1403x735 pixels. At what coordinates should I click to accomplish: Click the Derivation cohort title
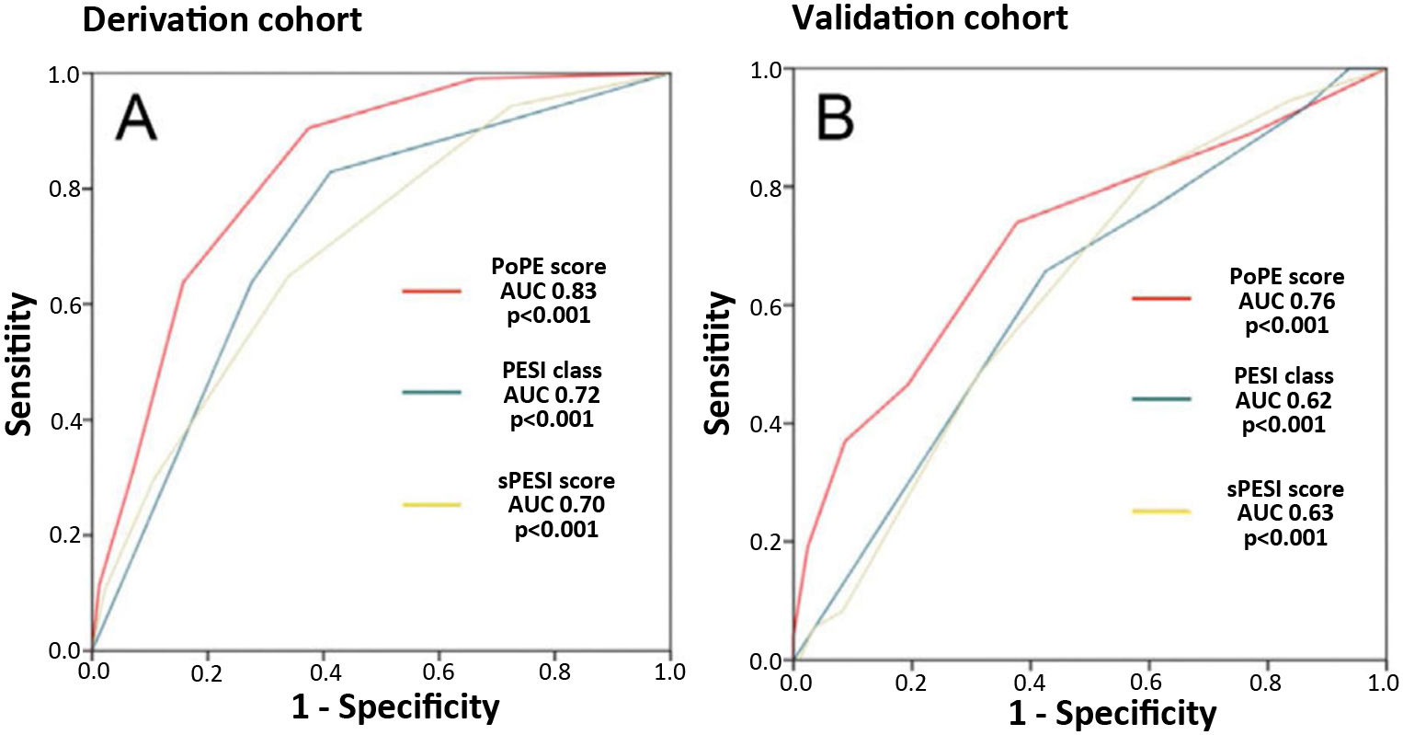(222, 19)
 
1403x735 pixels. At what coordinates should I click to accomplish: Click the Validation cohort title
(930, 17)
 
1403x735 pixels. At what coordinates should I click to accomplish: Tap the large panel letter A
(136, 120)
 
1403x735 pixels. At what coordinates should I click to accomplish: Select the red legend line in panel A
(431, 292)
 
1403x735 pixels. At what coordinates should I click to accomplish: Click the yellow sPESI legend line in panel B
(1161, 511)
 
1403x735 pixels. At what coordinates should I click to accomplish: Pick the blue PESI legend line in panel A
(431, 394)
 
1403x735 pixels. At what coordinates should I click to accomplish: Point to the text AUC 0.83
(550, 291)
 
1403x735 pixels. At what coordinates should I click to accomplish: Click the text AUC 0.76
(1286, 301)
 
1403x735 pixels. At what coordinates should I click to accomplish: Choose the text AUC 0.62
(1283, 400)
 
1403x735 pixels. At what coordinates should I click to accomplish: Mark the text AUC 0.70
(556, 504)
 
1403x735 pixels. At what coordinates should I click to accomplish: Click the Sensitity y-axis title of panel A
(20, 364)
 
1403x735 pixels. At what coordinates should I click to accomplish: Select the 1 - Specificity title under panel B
(1112, 713)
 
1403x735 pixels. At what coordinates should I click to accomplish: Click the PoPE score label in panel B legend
(1286, 277)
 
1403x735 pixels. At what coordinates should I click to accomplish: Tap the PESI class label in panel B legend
(1283, 376)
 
